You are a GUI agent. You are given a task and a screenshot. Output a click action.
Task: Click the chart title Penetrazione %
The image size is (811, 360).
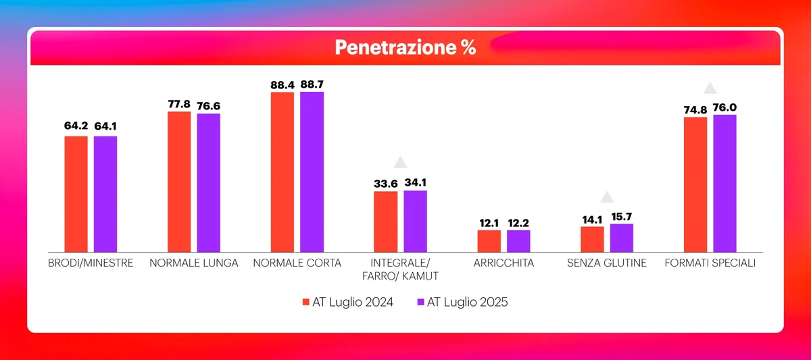pos(405,47)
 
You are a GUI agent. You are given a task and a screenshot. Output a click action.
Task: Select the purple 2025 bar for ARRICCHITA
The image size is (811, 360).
pos(518,240)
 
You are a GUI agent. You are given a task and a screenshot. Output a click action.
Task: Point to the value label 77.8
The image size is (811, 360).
pos(179,104)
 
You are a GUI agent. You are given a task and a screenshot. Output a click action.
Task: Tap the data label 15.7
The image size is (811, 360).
pos(622,216)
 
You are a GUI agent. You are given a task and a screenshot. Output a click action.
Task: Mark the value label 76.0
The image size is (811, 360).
pos(725,107)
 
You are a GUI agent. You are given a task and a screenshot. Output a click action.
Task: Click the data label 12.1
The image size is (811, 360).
pos(489,222)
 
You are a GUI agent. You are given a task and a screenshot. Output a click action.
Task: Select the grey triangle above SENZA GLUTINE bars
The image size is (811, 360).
pos(607,197)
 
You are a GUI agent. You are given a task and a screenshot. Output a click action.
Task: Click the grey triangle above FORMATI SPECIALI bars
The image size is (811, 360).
pos(710,88)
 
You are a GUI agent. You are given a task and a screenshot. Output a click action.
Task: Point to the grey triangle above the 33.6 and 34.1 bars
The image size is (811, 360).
pos(400,162)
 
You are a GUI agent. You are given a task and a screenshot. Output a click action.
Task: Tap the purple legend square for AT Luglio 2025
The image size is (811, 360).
pos(420,302)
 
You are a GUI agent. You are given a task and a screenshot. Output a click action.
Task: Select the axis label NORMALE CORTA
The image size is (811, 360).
pos(297,263)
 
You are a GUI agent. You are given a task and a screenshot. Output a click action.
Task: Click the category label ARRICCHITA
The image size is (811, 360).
pos(503,263)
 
